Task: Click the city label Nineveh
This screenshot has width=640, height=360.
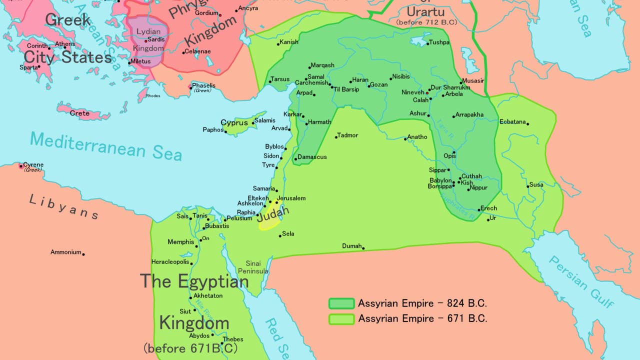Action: coord(412,92)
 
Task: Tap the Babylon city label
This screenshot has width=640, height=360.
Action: coord(440,180)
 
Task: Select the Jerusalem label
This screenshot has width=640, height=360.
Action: coord(290,198)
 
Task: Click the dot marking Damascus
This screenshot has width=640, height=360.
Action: coord(296,159)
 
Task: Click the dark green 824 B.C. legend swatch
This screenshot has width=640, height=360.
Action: coord(341,303)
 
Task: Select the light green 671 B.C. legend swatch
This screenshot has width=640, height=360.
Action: coord(341,319)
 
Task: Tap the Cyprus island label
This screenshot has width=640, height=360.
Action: coord(234,122)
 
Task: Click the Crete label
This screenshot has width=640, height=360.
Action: coord(79,113)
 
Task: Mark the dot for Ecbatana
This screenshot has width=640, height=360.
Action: coord(527,123)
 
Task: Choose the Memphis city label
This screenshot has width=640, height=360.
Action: coord(180,242)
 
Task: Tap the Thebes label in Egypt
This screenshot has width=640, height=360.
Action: coord(232,339)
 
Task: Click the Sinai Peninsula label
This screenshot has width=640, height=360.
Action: coord(256,267)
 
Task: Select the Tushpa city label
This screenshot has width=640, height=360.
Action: coord(439,43)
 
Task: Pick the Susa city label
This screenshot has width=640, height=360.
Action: coord(536,185)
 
